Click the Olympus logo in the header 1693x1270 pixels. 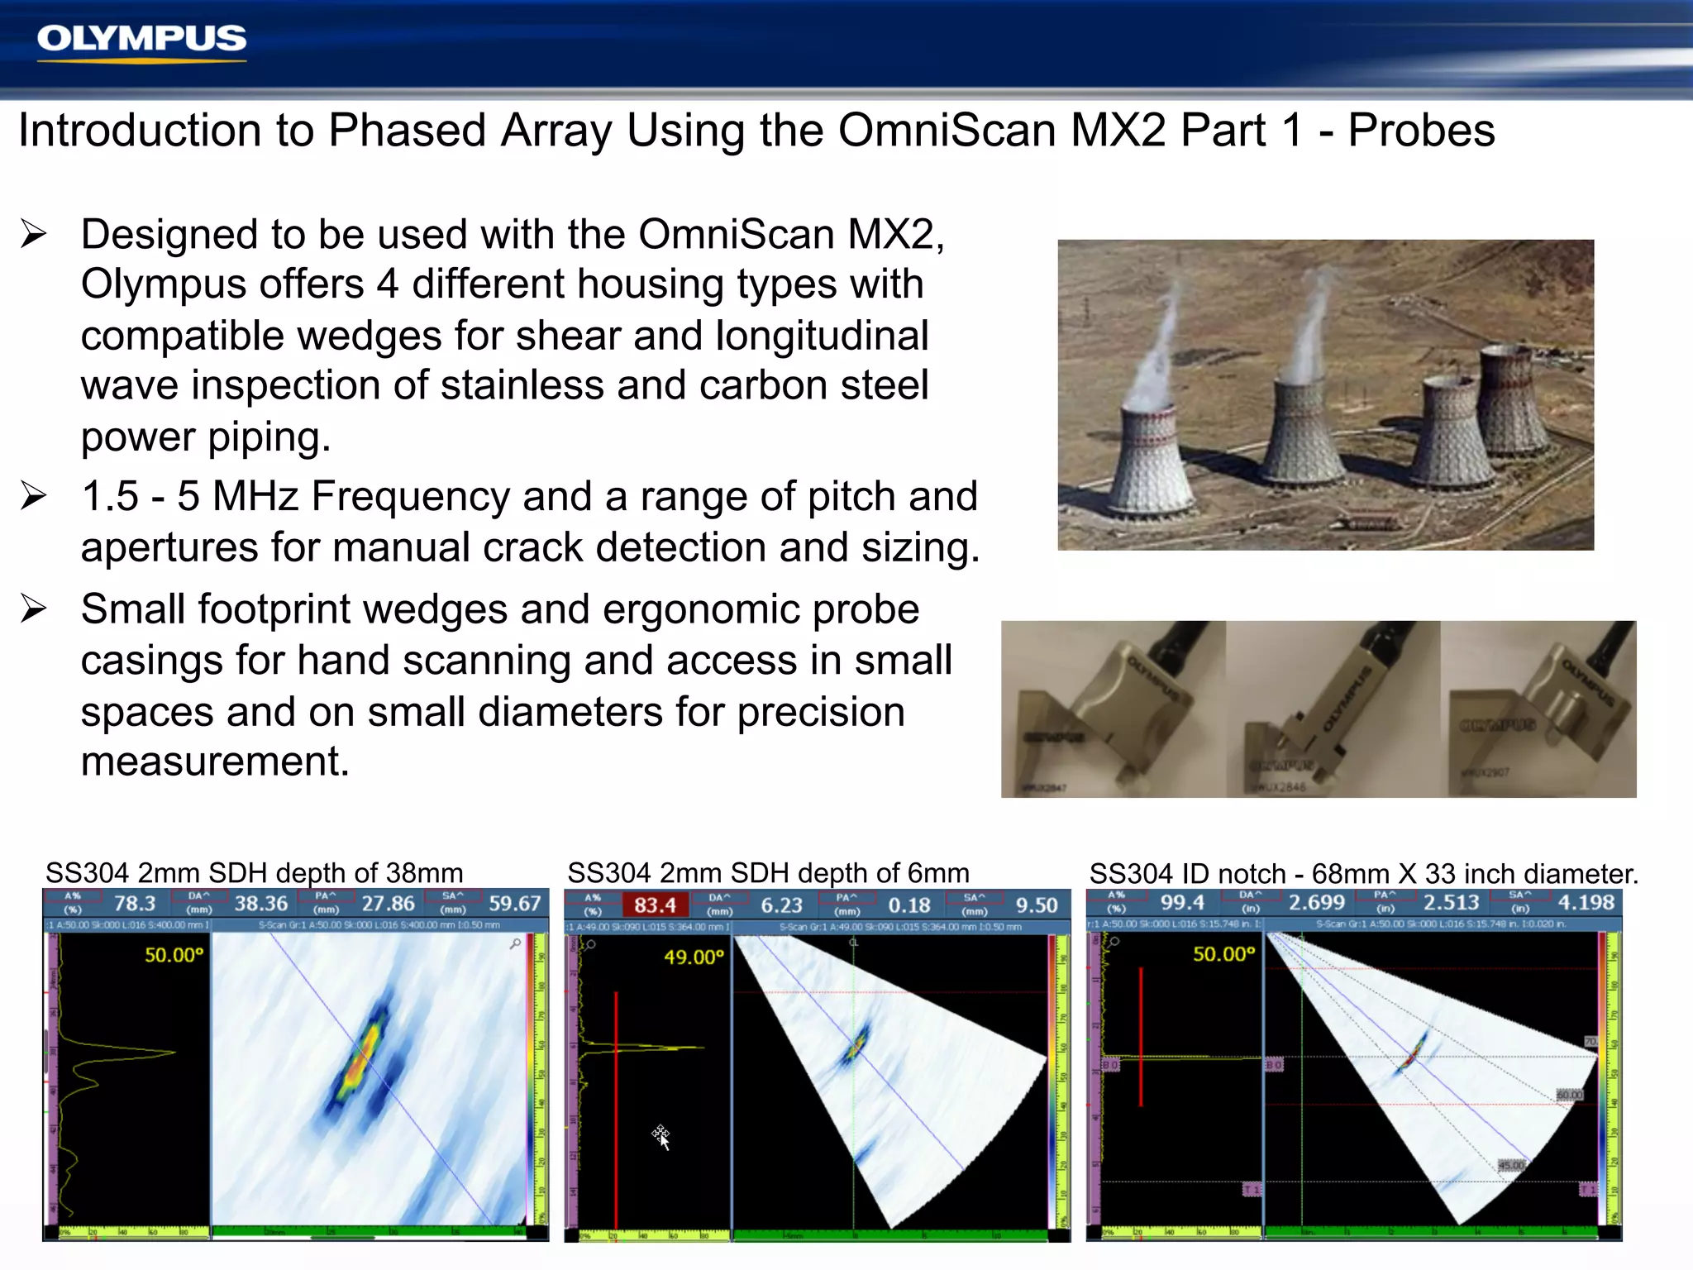(141, 39)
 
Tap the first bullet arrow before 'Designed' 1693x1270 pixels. (34, 235)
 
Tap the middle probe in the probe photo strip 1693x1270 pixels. (1331, 709)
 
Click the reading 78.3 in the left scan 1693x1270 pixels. (135, 904)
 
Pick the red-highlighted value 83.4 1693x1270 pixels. (655, 905)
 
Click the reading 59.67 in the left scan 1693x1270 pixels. (514, 904)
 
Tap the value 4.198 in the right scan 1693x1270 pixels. (1586, 903)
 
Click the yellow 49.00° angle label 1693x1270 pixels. (694, 957)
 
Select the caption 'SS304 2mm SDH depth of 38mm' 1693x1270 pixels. (254, 873)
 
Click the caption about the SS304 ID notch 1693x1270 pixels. (1363, 874)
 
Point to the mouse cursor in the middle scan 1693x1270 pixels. (661, 1137)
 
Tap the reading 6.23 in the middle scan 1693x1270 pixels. (781, 905)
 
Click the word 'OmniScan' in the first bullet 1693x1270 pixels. (735, 235)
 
